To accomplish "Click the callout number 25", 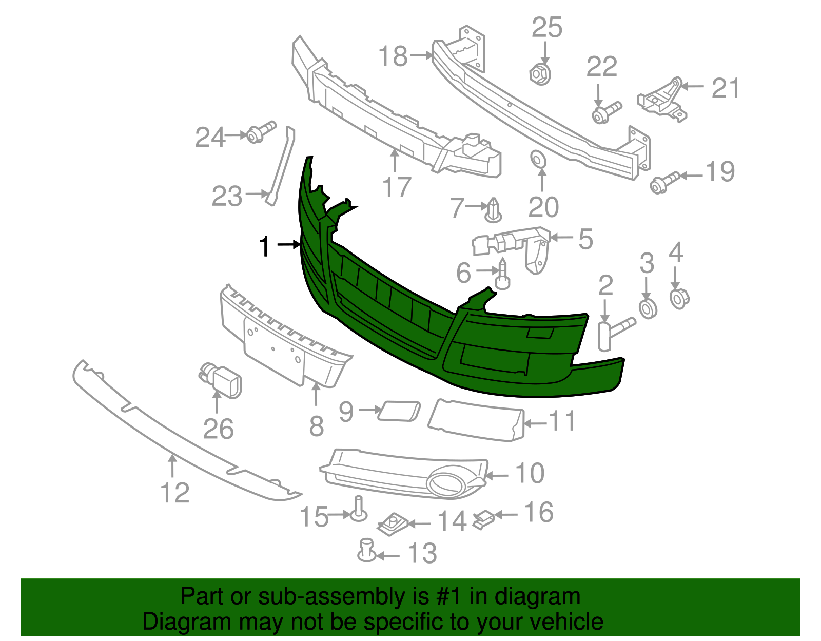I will tap(546, 28).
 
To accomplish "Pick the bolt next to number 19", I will tap(664, 183).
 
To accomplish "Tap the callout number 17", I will tap(397, 187).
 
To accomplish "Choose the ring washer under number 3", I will tap(648, 308).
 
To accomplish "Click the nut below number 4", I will tap(679, 298).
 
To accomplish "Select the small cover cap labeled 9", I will tap(399, 411).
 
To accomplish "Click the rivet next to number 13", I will tap(366, 551).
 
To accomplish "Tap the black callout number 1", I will tap(264, 247).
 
